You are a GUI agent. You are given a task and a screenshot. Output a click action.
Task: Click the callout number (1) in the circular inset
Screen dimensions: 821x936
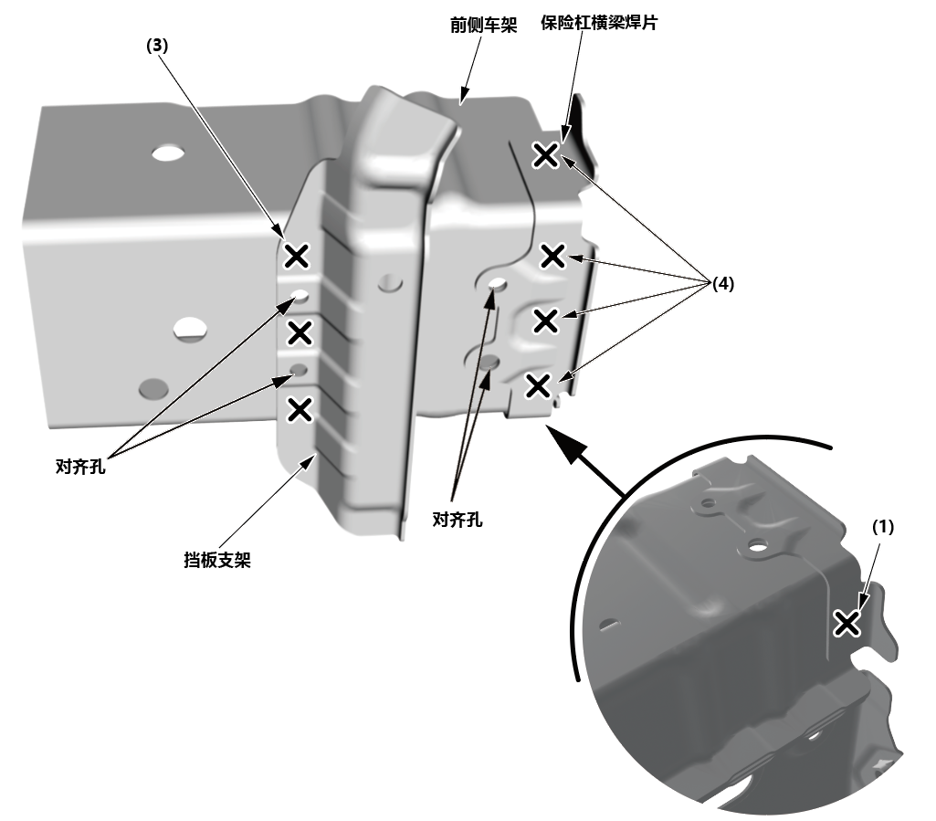[882, 527]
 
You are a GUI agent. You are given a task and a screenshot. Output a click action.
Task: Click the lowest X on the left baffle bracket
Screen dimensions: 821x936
[299, 409]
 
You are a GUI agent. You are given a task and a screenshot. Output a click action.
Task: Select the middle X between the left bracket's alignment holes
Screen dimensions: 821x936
[299, 332]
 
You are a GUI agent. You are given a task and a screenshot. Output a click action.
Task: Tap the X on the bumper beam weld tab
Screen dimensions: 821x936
[545, 155]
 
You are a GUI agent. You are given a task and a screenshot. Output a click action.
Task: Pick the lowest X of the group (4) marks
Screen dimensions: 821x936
[538, 386]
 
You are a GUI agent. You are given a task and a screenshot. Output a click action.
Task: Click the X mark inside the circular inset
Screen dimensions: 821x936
[847, 623]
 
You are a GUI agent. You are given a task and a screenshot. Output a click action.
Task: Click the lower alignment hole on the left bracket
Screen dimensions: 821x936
[297, 370]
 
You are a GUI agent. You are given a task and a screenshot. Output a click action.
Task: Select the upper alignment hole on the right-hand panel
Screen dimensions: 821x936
[498, 284]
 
